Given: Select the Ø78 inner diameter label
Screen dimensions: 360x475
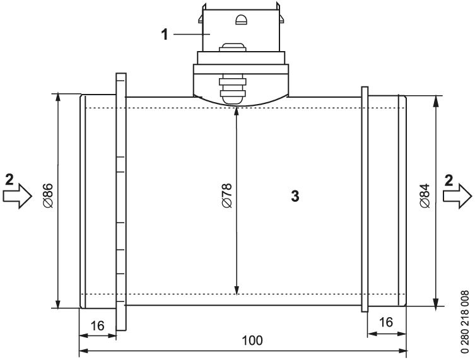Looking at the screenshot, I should [227, 196].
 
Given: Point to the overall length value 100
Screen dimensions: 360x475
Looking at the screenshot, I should [252, 340].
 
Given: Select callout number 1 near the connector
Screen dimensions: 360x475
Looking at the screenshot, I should [165, 33].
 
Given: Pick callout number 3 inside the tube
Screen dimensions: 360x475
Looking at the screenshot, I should [294, 196].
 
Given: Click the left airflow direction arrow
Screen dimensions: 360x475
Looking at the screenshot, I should [17, 196].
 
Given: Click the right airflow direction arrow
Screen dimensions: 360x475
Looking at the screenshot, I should [457, 196].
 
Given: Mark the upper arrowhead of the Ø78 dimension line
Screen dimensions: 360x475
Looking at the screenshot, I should [236, 112].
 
